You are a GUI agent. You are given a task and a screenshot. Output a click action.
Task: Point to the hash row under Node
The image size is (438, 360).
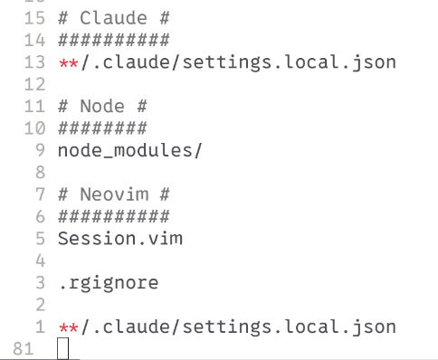[101, 128]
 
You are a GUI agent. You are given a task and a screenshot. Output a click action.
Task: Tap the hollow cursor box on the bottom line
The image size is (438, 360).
[62, 348]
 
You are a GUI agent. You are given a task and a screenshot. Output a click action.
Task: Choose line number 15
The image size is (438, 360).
[34, 18]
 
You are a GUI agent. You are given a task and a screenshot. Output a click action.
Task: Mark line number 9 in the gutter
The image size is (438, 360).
[40, 149]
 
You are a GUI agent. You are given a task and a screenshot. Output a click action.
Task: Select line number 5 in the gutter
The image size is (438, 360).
[40, 238]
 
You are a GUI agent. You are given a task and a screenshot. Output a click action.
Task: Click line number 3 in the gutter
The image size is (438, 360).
[40, 282]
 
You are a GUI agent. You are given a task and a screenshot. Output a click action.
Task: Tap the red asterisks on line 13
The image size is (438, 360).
[68, 62]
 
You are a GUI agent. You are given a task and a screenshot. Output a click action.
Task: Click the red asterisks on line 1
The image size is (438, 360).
[68, 326]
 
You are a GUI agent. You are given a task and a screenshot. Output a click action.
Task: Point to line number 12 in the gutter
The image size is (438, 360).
[34, 84]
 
